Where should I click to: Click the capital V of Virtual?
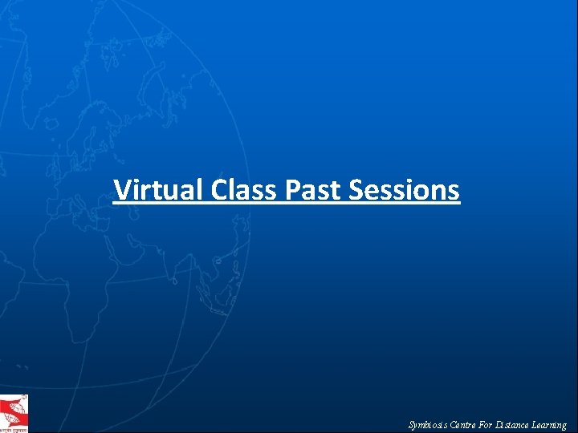[122, 190]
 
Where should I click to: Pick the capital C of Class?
[220, 190]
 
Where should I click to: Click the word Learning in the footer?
[550, 425]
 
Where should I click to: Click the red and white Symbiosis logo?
[14, 414]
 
